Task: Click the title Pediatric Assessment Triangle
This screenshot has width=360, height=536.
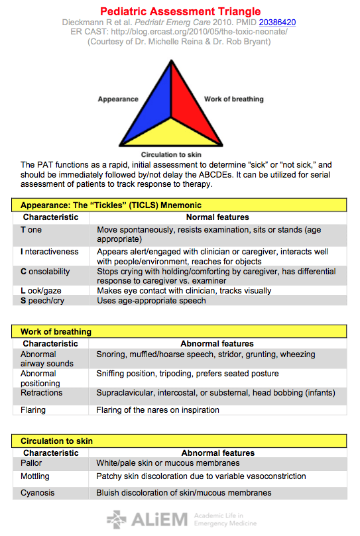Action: [180, 12]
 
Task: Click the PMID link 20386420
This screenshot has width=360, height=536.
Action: [277, 22]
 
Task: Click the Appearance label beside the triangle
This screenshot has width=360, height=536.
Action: [118, 99]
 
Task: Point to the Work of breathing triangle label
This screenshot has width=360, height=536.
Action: [233, 99]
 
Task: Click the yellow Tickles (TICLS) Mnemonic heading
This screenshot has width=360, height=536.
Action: [111, 205]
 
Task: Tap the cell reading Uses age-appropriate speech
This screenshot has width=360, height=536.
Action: [151, 301]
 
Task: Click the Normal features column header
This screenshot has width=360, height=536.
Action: [217, 217]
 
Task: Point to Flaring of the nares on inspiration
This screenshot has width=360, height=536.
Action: [157, 410]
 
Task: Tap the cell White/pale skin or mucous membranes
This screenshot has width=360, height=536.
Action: [168, 463]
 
